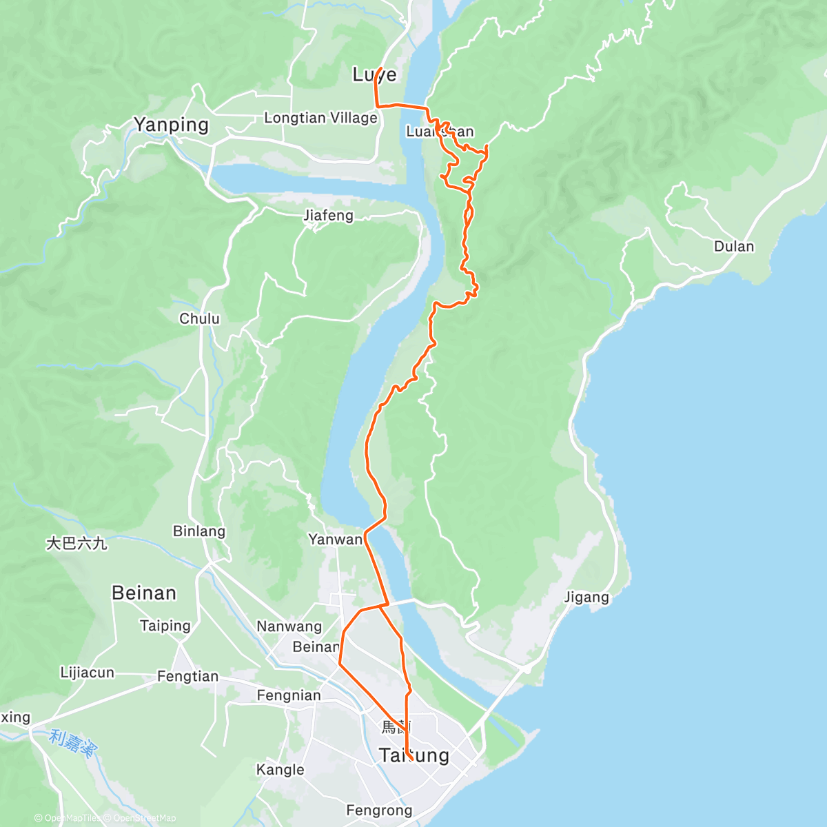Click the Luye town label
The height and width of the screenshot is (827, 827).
[374, 74]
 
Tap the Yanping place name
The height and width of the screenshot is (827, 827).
[171, 125]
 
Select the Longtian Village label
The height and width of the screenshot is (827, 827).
[320, 118]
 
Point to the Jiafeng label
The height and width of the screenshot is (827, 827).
[329, 216]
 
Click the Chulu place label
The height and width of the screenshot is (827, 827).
[199, 318]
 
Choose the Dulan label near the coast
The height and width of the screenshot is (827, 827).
[734, 246]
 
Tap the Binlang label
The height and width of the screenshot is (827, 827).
[199, 531]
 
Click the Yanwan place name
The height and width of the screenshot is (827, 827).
[335, 540]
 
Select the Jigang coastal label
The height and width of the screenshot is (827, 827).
[586, 598]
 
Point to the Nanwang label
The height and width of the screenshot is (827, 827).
[289, 626]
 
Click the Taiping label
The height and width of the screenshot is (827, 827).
[165, 626]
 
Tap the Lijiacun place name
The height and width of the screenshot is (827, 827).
[87, 673]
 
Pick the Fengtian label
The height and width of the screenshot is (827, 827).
[187, 677]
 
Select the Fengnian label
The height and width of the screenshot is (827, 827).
[289, 695]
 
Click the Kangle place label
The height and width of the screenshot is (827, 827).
[280, 770]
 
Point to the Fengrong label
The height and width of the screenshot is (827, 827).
[379, 810]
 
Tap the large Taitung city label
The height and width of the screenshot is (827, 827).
[414, 755]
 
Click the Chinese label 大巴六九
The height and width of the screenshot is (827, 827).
[76, 544]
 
